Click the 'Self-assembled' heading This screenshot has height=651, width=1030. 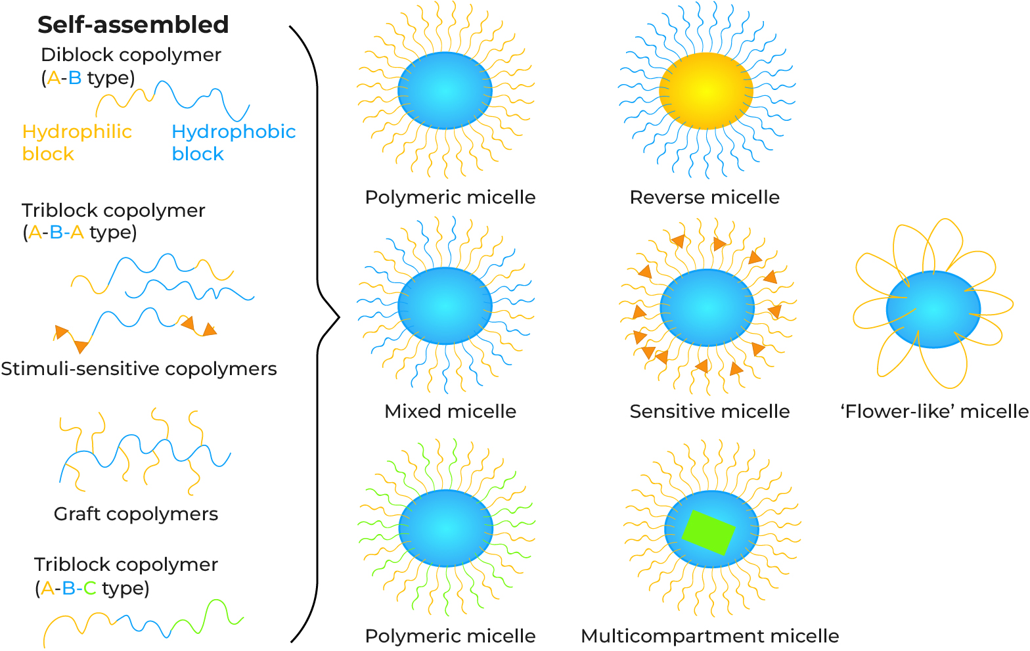pos(133,25)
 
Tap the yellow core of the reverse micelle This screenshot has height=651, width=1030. pos(705,91)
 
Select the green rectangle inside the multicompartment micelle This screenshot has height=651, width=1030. pos(708,532)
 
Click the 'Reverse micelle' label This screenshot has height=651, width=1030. pos(704,197)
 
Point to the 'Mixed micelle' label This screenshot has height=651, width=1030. pos(450,411)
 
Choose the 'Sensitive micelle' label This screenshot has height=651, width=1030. pos(709,411)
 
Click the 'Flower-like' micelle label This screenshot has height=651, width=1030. pos(934,411)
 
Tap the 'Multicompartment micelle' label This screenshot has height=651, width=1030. pos(709,636)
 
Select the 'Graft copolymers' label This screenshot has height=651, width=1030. pos(135,514)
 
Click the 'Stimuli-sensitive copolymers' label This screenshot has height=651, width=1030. pos(139,369)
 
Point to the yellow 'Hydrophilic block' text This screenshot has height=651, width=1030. pos(77,143)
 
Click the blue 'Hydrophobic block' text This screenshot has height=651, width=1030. pos(233,143)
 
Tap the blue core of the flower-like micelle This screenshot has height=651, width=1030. pos(933,309)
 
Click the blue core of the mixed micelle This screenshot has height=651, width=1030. pos(445,305)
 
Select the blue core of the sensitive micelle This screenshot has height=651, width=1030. pos(707,307)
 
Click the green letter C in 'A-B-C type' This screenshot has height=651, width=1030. pos(90,588)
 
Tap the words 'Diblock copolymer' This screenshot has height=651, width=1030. pos(131,55)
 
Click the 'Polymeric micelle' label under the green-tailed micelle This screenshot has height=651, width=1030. pos(450,636)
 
